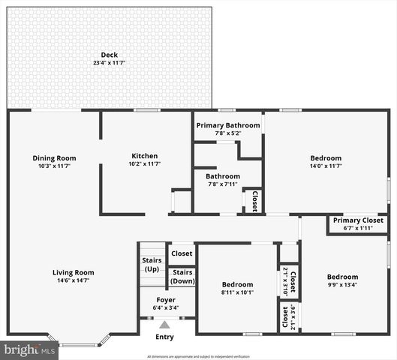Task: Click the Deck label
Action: click(110, 55)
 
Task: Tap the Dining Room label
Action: click(54, 158)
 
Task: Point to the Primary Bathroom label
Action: click(228, 125)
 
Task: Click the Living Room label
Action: click(73, 272)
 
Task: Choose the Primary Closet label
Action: click(358, 220)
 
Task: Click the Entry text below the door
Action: click(164, 337)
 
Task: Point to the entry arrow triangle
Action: click(164, 325)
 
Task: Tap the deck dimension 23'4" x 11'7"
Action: click(110, 63)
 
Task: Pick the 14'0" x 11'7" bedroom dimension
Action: click(326, 166)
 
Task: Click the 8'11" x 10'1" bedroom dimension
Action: click(237, 292)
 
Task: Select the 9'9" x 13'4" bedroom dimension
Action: click(342, 285)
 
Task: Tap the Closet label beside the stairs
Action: click(181, 253)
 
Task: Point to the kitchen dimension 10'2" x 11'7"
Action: click(144, 163)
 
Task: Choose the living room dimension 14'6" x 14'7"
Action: click(73, 280)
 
